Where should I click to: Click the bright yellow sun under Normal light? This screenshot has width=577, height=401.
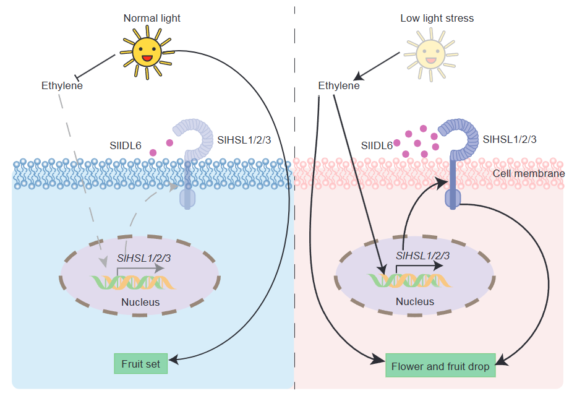[x=147, y=51]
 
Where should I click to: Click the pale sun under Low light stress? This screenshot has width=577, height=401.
[x=430, y=53]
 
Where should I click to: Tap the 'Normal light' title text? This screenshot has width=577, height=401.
[x=152, y=18]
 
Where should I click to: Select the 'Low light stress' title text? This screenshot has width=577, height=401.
[x=437, y=18]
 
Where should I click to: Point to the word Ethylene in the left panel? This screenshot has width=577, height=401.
[x=62, y=86]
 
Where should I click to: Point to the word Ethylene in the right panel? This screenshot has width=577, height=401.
[x=338, y=86]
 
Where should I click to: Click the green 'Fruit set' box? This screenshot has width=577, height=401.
[x=140, y=364]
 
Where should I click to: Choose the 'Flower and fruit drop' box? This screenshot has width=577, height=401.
[x=440, y=366]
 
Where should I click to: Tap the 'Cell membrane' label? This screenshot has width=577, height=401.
[x=528, y=173]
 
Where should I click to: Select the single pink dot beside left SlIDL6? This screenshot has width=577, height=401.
[x=152, y=152]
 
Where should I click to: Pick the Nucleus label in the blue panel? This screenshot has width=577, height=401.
[x=140, y=303]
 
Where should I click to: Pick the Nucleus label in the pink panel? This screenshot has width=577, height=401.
[x=414, y=302]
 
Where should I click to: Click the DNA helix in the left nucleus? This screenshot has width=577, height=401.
[x=133, y=282]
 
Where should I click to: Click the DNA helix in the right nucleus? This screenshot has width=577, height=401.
[x=409, y=280]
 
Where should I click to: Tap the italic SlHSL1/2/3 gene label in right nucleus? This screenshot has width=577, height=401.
[x=422, y=256]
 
